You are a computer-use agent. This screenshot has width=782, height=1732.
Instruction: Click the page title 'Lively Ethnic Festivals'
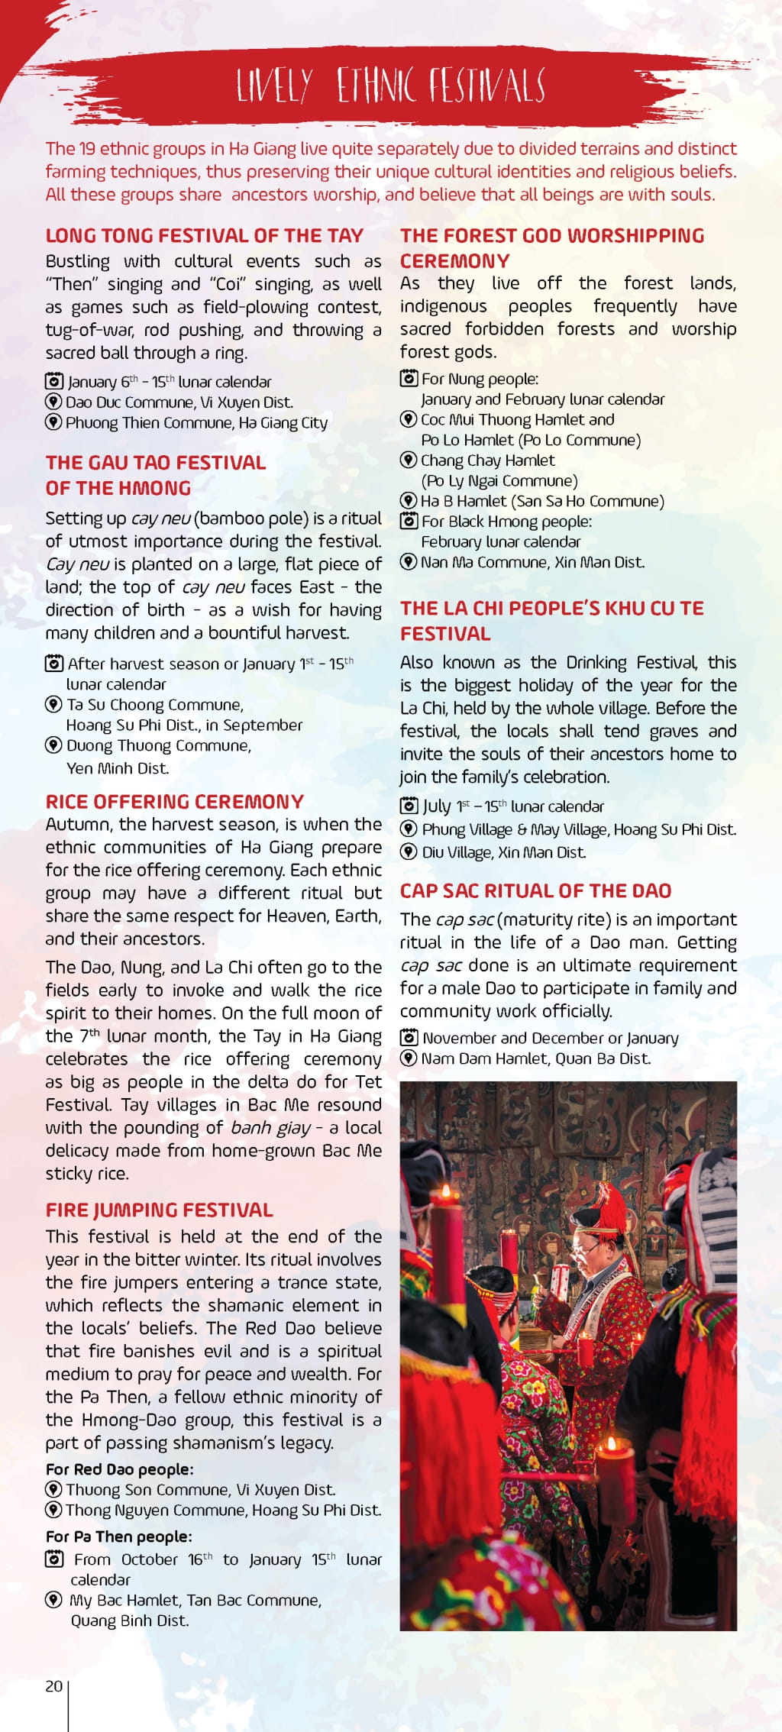[390, 85]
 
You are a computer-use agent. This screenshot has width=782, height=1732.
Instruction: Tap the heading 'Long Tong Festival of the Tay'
[204, 235]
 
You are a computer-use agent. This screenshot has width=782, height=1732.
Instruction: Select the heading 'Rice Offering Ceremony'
[174, 801]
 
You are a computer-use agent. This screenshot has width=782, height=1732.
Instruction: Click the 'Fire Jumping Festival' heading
[159, 1210]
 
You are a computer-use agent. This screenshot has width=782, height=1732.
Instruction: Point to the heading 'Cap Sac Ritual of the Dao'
[535, 890]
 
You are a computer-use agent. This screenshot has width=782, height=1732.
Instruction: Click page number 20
[53, 1686]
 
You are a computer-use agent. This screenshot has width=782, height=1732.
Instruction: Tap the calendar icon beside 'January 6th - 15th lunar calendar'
[53, 381]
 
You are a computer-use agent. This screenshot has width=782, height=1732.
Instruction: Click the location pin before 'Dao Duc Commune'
[53, 402]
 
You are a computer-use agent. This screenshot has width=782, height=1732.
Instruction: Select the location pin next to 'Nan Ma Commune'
[409, 562]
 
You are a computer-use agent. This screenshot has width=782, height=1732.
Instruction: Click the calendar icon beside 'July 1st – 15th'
[409, 806]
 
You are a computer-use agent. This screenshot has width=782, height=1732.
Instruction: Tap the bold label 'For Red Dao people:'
[119, 1469]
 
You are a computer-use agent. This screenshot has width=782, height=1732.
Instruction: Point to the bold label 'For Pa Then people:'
[118, 1536]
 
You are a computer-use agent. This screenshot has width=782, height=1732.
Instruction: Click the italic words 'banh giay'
[270, 1127]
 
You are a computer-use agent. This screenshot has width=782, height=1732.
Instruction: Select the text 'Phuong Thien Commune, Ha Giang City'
[196, 422]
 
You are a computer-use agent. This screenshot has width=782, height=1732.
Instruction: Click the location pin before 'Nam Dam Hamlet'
[409, 1058]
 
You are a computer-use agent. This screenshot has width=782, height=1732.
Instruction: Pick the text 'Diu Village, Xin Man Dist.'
[503, 852]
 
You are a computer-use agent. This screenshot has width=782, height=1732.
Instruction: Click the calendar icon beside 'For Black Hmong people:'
[409, 522]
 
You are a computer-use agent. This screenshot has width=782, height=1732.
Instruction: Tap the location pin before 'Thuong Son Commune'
[53, 1489]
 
